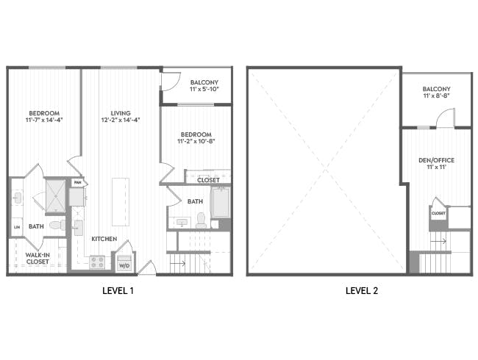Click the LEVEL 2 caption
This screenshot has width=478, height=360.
[362, 291]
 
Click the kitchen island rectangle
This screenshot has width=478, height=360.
[119, 201]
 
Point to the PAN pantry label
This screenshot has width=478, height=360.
[76, 182]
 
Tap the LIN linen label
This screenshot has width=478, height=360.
[16, 228]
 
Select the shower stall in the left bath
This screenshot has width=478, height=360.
[55, 195]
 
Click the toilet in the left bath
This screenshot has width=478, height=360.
[77, 227]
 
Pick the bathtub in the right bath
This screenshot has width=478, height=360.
[221, 203]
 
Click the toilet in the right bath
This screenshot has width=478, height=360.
[201, 219]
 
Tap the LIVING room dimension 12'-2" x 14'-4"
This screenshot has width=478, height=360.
[121, 120]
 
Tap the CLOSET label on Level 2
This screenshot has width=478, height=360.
[438, 214]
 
